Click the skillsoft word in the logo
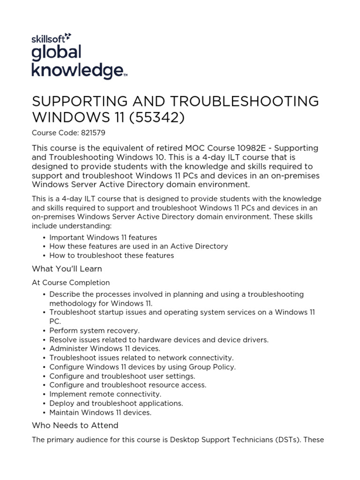pyautogui.click(x=48, y=38)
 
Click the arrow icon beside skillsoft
pyautogui.click(x=68, y=36)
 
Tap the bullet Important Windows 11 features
pyautogui.click(x=103, y=237)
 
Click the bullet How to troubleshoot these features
pyautogui.click(x=112, y=255)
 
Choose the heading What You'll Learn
pyautogui.click(x=67, y=269)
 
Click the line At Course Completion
pyautogui.click(x=71, y=283)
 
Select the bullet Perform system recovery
pyautogui.click(x=94, y=330)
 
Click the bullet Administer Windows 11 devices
pyautogui.click(x=105, y=349)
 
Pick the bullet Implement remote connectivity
pyautogui.click(x=105, y=394)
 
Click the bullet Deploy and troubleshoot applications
pyautogui.click(x=116, y=403)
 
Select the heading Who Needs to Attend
pyautogui.click(x=75, y=426)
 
